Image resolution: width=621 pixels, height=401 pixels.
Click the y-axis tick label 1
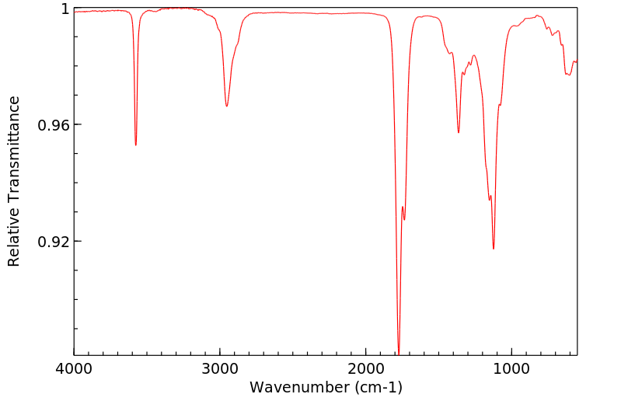[65, 9]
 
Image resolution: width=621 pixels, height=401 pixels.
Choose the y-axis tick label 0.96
[55, 125]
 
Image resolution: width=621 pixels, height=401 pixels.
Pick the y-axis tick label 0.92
[55, 242]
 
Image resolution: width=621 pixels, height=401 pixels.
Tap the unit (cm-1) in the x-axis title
[376, 386]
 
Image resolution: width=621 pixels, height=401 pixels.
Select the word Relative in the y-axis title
[13, 234]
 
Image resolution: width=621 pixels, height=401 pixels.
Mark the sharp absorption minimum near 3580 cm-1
[136, 145]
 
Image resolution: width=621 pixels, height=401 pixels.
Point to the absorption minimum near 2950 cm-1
[226, 106]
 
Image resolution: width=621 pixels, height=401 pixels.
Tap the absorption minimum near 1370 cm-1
[459, 133]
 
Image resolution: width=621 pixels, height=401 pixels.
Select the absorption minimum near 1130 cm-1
[494, 249]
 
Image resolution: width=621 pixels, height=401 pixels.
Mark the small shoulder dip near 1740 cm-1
[404, 220]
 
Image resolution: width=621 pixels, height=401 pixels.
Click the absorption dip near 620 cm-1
[568, 75]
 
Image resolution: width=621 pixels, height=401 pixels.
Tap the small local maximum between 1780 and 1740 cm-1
[402, 206]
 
